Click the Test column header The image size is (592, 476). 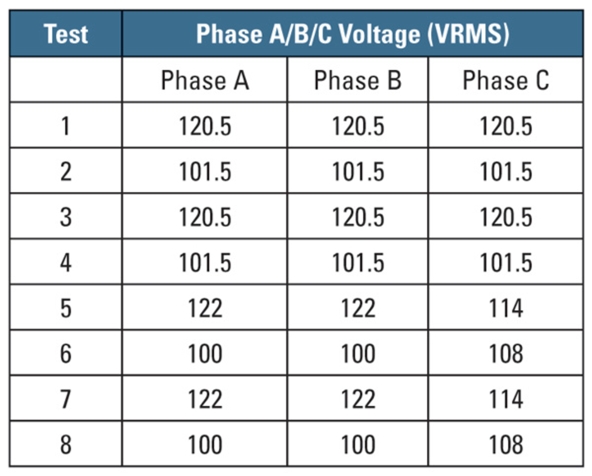[x=66, y=34]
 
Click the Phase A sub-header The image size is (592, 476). [x=205, y=80]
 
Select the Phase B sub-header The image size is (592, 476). [x=358, y=80]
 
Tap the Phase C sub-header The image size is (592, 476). [x=506, y=80]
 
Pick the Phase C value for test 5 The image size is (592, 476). [x=506, y=308]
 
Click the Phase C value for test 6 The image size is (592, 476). [x=506, y=353]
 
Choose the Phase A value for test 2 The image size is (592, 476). [x=205, y=171]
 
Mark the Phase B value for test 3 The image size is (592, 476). [x=358, y=217]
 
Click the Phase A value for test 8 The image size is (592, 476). [x=205, y=444]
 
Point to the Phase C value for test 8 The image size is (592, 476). [x=506, y=444]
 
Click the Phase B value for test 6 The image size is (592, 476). [x=358, y=353]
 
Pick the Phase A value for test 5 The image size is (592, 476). [x=205, y=308]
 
